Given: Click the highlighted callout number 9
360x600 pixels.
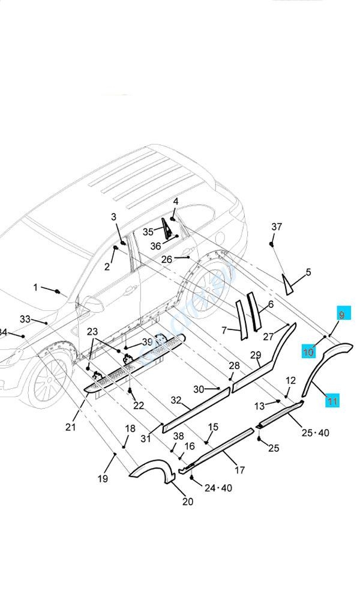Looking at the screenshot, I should (x=341, y=314).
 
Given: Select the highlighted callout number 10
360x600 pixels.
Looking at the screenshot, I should (x=308, y=352).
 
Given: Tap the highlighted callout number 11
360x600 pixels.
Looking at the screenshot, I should (x=332, y=400).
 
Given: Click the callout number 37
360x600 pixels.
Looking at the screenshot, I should (x=277, y=227).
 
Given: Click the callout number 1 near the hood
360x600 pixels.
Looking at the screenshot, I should (x=35, y=287).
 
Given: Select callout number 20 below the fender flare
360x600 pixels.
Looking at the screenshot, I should (x=188, y=501).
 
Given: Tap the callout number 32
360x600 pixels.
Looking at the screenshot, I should (x=176, y=400).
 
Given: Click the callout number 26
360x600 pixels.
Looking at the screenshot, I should (x=167, y=259).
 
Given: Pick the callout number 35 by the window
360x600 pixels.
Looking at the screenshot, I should (x=148, y=232).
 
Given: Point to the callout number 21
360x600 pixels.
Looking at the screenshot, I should (x=71, y=427).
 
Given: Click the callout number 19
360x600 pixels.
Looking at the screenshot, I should (x=103, y=478).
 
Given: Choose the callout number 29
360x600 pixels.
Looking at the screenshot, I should (x=256, y=355).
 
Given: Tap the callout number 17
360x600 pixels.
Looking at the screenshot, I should (x=239, y=470).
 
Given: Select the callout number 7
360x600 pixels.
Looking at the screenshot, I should (x=224, y=330).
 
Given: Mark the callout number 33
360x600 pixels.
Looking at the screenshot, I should (x=25, y=319).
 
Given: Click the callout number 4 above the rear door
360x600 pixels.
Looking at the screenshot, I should (x=176, y=201).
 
